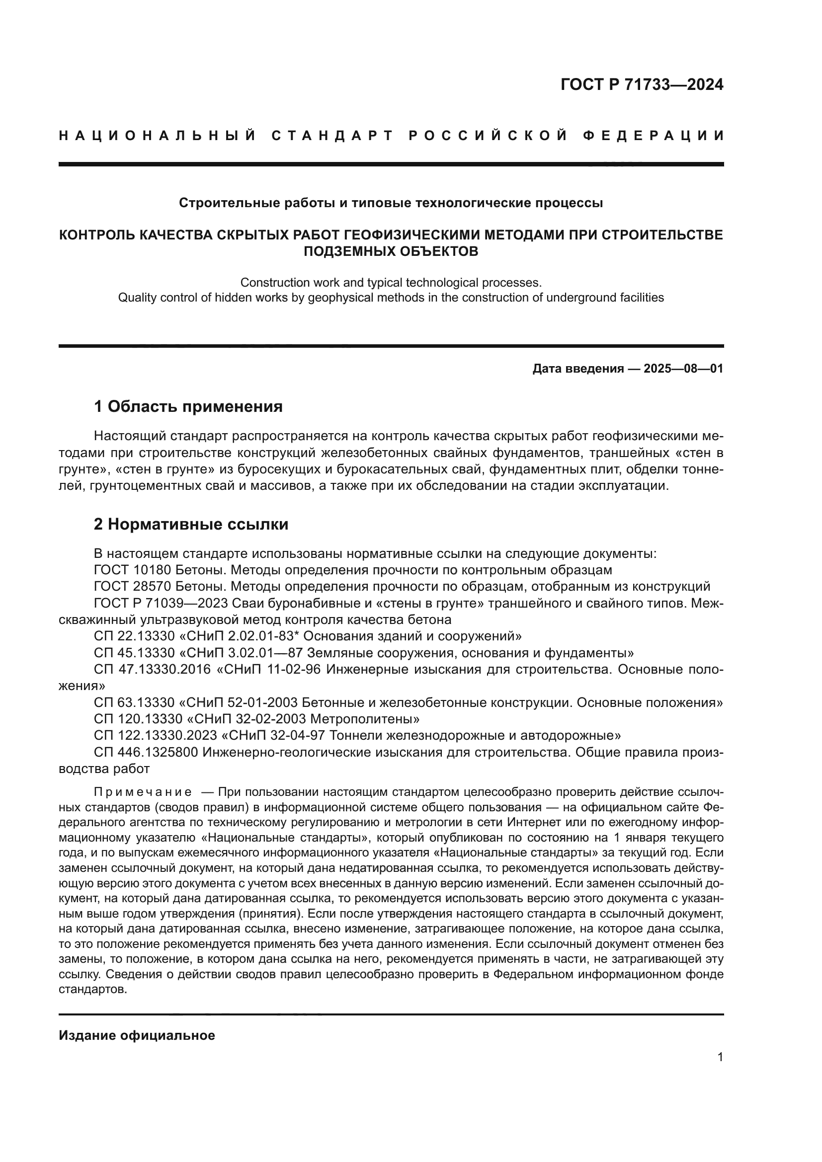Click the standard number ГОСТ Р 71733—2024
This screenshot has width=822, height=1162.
[x=642, y=85]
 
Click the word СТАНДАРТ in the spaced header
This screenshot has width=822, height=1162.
[x=332, y=136]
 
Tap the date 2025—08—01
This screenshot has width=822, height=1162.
[x=683, y=369]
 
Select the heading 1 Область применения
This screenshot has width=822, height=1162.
[x=188, y=406]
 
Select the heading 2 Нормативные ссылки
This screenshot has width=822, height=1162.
[x=191, y=524]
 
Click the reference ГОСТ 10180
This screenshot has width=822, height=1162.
[x=133, y=570]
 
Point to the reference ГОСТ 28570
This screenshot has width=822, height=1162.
[x=133, y=587]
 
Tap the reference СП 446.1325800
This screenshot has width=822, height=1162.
[x=146, y=752]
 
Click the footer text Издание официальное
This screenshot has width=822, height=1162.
[x=137, y=1035]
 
